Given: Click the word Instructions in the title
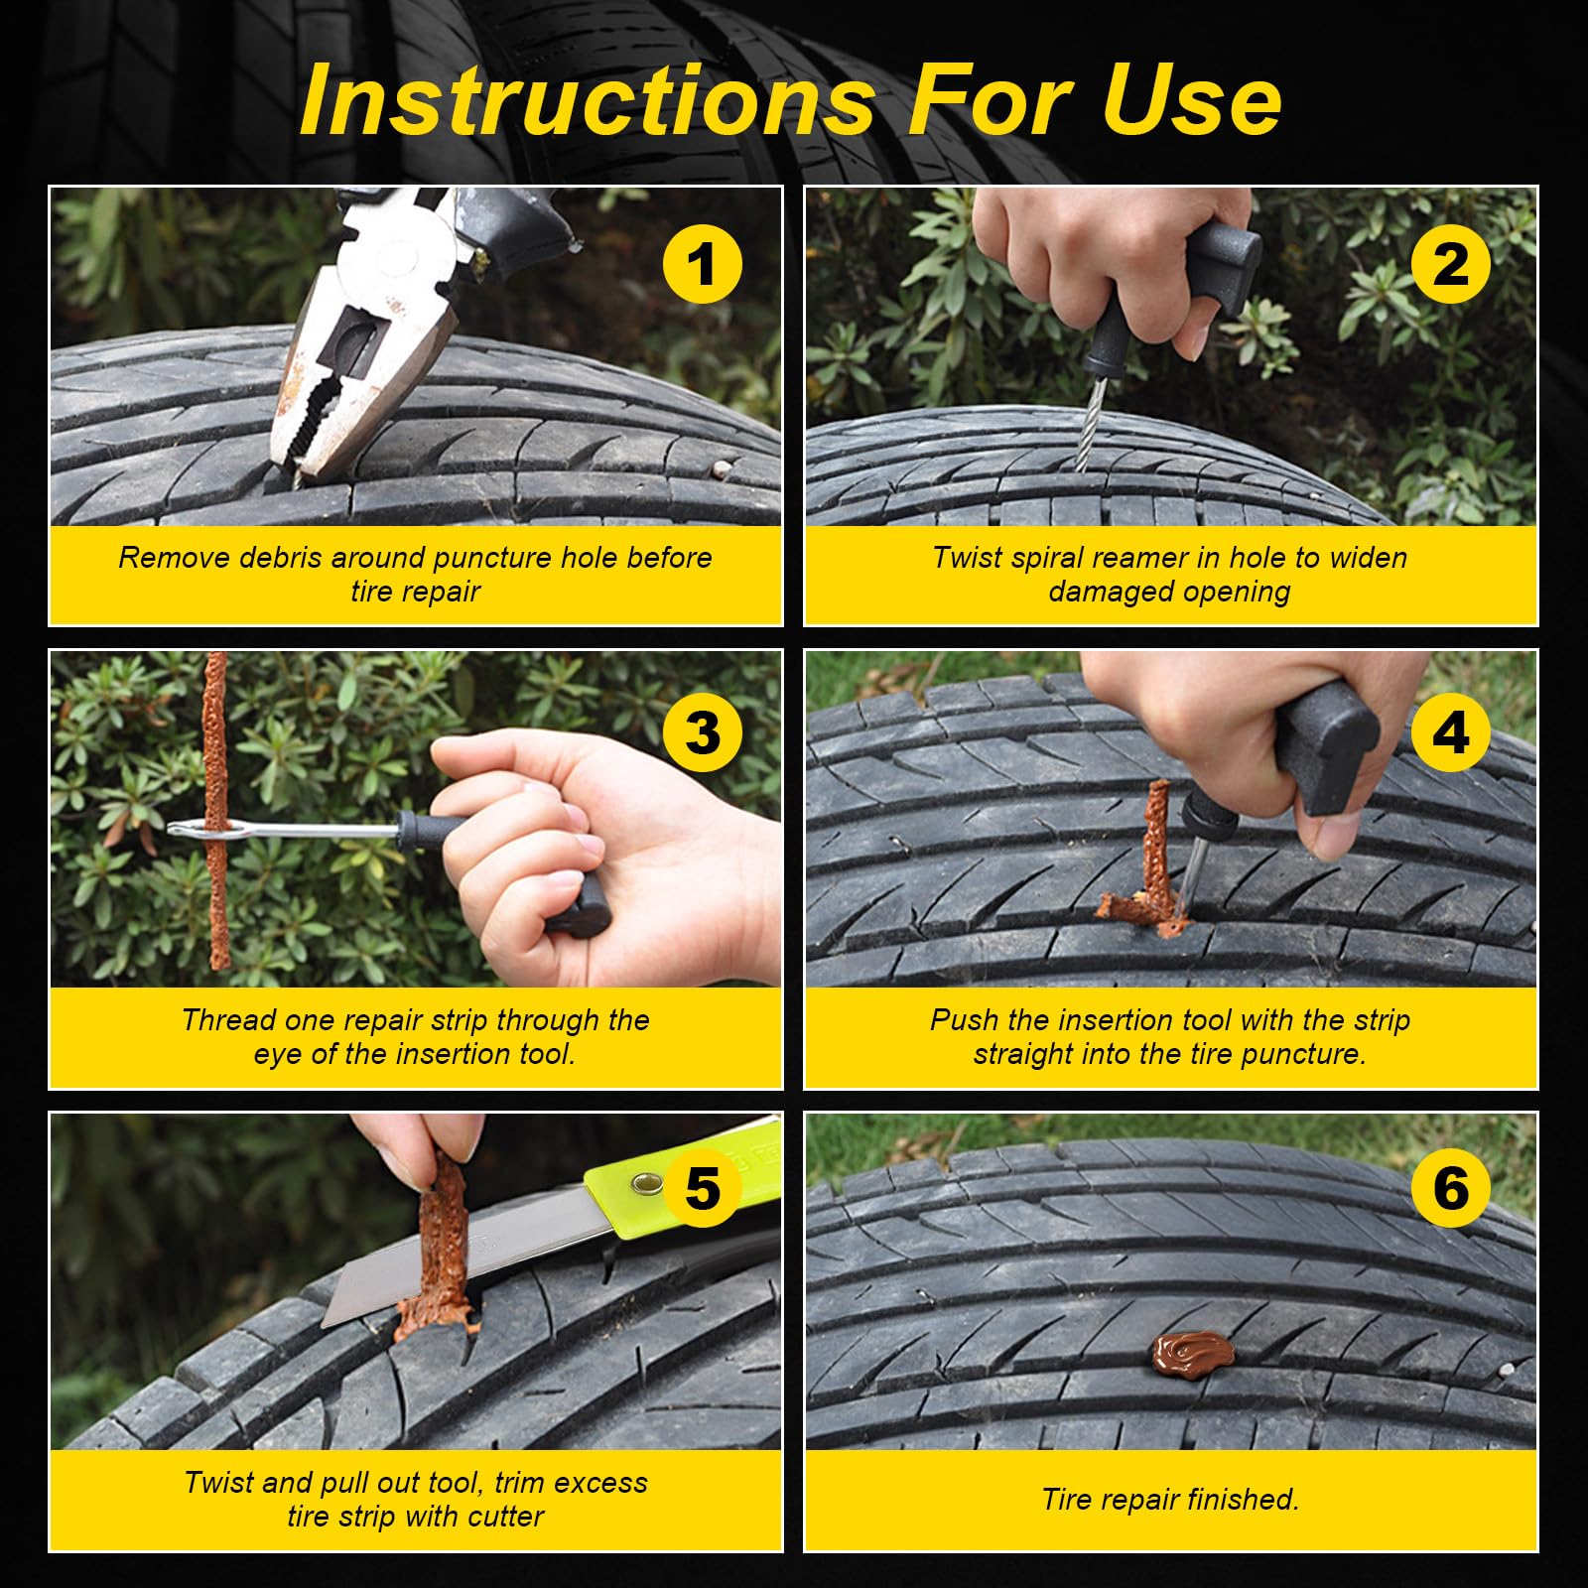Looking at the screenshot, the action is (x=587, y=100).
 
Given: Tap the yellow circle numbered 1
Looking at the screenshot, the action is (x=702, y=264).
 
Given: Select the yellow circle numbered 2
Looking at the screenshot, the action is (x=1450, y=264).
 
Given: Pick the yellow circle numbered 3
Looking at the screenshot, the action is (x=702, y=732).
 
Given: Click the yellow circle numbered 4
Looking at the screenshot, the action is (x=1450, y=732).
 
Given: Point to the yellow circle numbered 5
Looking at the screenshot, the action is (x=702, y=1187).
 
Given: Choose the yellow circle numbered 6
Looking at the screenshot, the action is (x=1450, y=1187).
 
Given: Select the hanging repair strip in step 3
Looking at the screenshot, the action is (x=215, y=809).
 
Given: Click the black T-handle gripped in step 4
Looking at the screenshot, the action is (x=1325, y=744).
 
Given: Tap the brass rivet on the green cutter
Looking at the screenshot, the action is (x=647, y=1181).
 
